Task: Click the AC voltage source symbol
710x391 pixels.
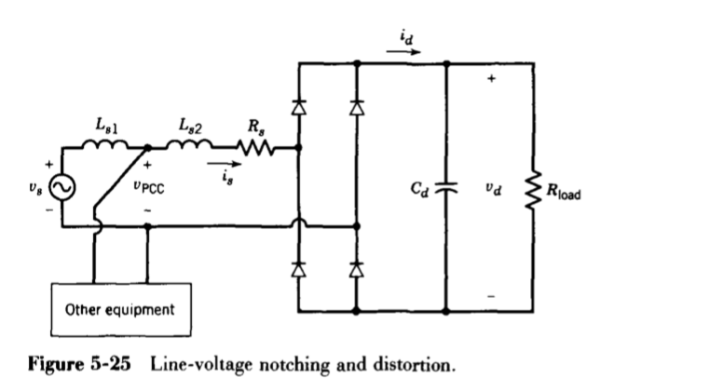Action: click(61, 188)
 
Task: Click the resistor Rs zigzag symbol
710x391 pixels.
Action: click(253, 146)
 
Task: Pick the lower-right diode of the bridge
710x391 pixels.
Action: click(355, 269)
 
